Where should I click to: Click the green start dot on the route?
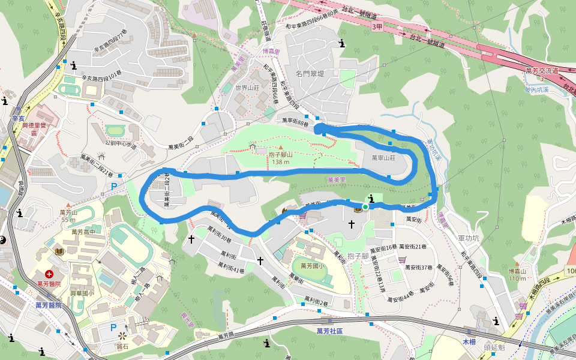click(365, 207)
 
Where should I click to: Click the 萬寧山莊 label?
click(384, 158)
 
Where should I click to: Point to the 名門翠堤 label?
click(310, 74)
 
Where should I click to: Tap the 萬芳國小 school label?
click(312, 266)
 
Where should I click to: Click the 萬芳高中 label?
click(84, 232)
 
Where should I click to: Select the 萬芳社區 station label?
click(329, 331)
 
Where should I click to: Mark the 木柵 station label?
click(469, 341)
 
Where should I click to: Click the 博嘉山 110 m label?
click(517, 275)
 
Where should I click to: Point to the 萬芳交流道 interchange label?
click(542, 71)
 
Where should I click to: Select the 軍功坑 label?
click(468, 238)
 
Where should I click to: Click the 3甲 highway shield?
click(377, 27)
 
